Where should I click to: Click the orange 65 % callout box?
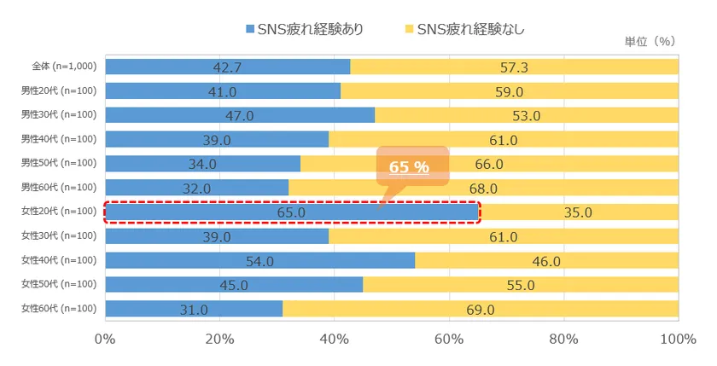pyautogui.click(x=411, y=166)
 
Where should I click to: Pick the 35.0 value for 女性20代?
pyautogui.click(x=578, y=212)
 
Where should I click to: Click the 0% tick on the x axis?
pyautogui.click(x=105, y=340)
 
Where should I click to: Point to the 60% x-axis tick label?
pyautogui.click(x=449, y=340)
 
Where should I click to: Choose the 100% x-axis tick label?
pyautogui.click(x=679, y=340)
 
